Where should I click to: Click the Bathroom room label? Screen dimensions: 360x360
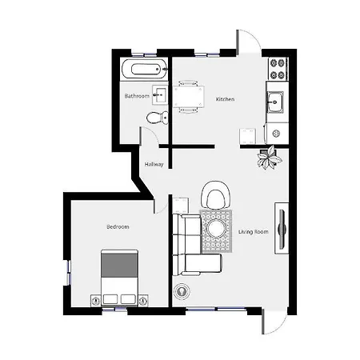137,96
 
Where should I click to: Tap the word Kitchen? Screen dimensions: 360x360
226,99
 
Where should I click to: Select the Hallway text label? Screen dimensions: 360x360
154,164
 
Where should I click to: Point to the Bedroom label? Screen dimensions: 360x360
118,227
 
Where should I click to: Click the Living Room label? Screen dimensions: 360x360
254,232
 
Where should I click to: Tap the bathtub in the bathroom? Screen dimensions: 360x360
145,70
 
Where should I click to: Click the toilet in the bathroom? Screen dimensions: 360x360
158,118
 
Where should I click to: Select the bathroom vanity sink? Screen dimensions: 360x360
160,94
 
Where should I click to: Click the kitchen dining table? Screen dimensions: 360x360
189,97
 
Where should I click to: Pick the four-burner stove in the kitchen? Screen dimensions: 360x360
278,69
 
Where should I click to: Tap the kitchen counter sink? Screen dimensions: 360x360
275,102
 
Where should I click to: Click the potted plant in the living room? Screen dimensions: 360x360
270,158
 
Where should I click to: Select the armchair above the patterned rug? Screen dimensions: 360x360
216,195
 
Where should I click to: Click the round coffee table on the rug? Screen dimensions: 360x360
216,229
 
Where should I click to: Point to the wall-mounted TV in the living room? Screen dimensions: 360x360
282,228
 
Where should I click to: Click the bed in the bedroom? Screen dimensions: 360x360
119,277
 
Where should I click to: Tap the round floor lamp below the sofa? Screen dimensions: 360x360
182,291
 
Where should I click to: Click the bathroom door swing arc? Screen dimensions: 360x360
151,134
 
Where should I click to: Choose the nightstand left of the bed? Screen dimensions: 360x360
95,301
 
